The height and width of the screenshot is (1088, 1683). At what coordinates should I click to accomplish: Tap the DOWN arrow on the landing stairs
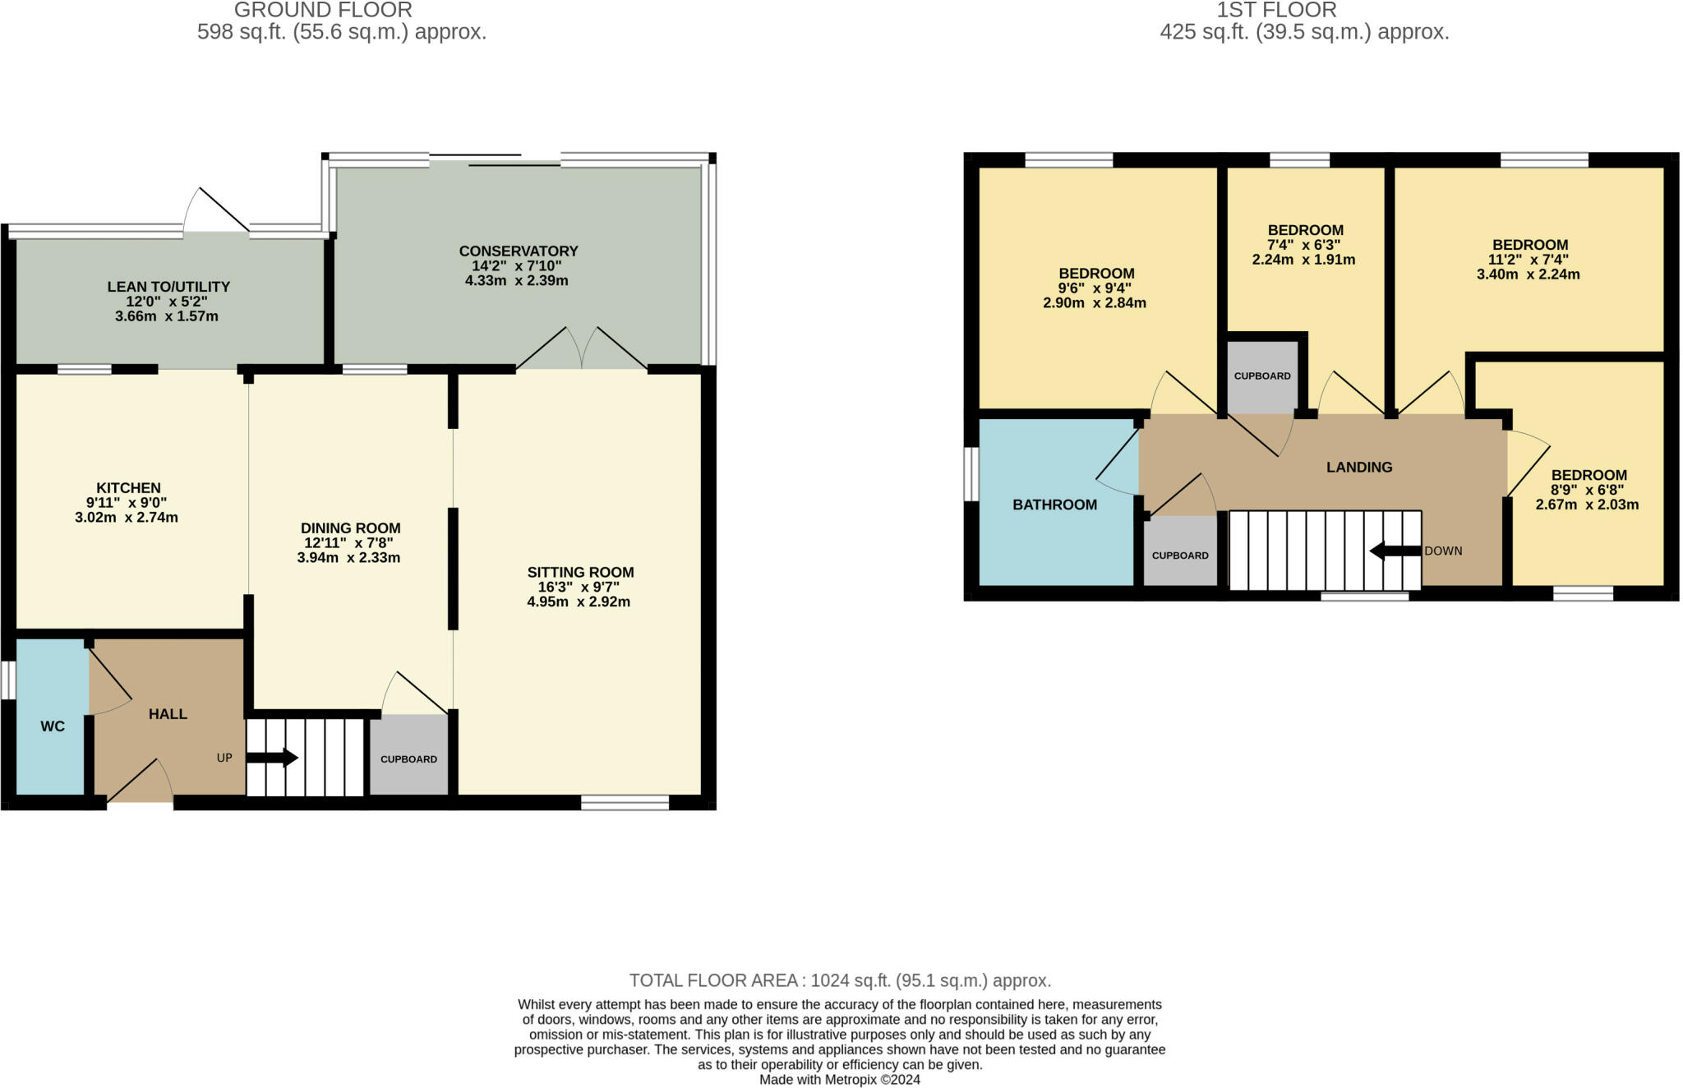(1395, 551)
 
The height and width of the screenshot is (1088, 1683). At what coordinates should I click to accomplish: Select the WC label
(53, 726)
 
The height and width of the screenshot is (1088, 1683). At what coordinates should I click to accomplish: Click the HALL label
(168, 714)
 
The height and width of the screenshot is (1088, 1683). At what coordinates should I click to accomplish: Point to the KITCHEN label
(128, 487)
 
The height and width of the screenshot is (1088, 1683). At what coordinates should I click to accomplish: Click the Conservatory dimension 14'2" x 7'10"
(518, 266)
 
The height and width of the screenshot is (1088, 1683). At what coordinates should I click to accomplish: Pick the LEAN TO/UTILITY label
(168, 287)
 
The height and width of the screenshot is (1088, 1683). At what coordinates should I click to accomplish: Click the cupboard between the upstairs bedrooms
(1262, 376)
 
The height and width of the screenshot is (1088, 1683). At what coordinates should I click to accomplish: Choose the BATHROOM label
(1054, 505)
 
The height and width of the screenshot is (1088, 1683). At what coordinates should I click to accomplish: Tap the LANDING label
(1359, 467)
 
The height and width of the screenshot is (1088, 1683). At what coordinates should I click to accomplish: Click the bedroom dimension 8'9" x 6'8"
(1588, 490)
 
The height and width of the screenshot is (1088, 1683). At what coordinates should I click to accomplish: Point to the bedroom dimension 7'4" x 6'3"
(1305, 245)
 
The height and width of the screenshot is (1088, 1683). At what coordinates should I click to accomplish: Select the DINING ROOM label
(350, 528)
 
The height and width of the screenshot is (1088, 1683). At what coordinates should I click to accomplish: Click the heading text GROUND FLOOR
(323, 10)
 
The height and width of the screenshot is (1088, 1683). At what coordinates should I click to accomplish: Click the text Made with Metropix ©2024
(839, 1080)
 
